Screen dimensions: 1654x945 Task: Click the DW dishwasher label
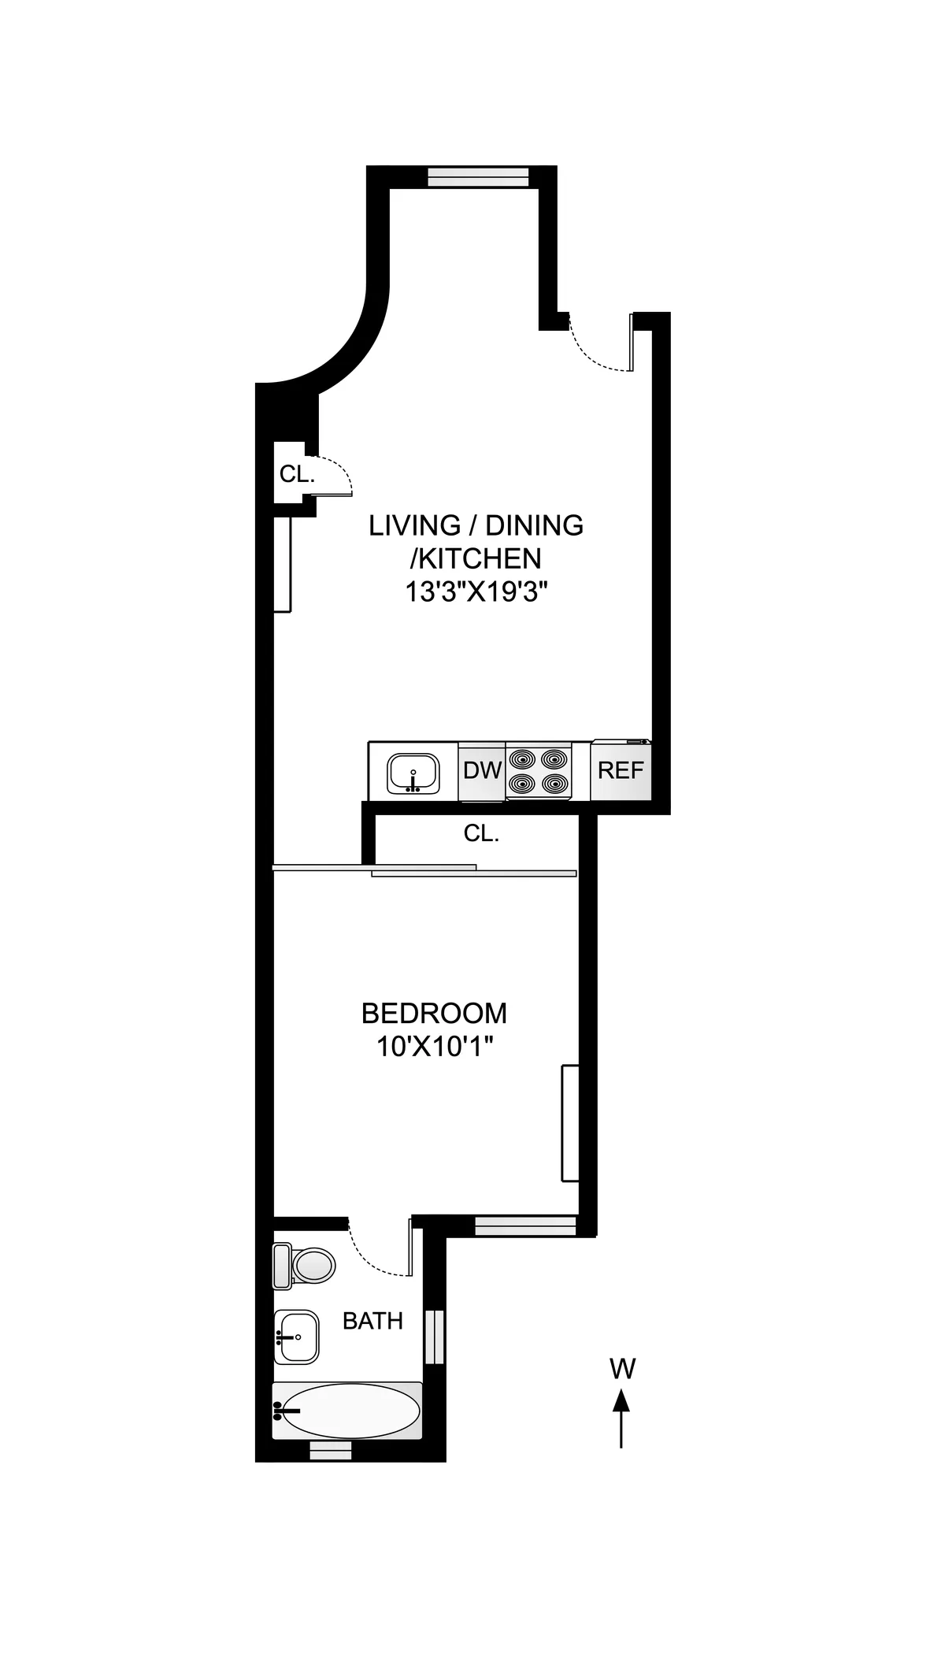482,770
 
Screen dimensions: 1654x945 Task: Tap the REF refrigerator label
621,770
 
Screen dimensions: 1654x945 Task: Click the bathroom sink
297,1337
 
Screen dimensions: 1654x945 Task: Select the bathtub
346,1411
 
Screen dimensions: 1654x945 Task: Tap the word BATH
372,1321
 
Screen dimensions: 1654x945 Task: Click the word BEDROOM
434,1013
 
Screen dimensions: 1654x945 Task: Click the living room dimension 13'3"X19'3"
476,592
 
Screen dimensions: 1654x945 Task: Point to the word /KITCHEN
476,558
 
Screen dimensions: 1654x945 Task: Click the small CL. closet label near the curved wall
297,474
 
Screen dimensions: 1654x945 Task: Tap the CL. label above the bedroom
481,833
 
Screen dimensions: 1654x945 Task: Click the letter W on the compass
622,1369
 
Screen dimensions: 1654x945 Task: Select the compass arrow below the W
622,1419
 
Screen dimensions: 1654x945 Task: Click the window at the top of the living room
478,177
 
